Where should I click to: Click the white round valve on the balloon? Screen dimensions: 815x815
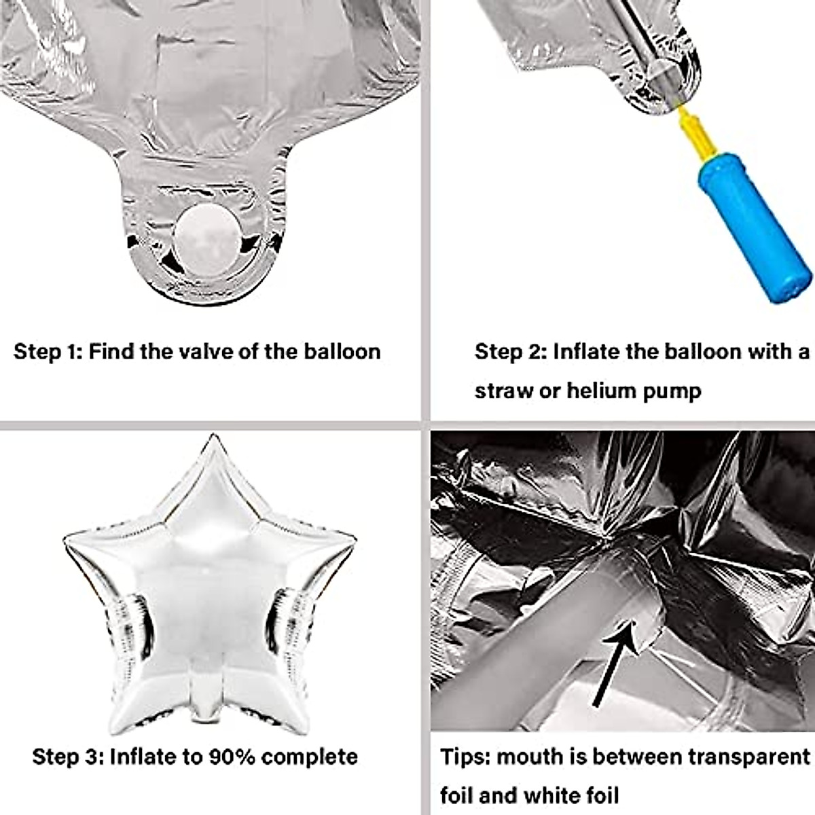[x=208, y=241]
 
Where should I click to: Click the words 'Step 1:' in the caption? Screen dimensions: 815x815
[x=48, y=352]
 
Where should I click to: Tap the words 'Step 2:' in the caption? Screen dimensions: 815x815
[x=510, y=352]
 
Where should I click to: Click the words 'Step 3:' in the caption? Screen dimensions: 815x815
[x=67, y=757]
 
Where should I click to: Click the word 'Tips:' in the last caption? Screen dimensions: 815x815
[x=465, y=757]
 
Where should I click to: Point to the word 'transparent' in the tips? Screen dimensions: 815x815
[x=749, y=757]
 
